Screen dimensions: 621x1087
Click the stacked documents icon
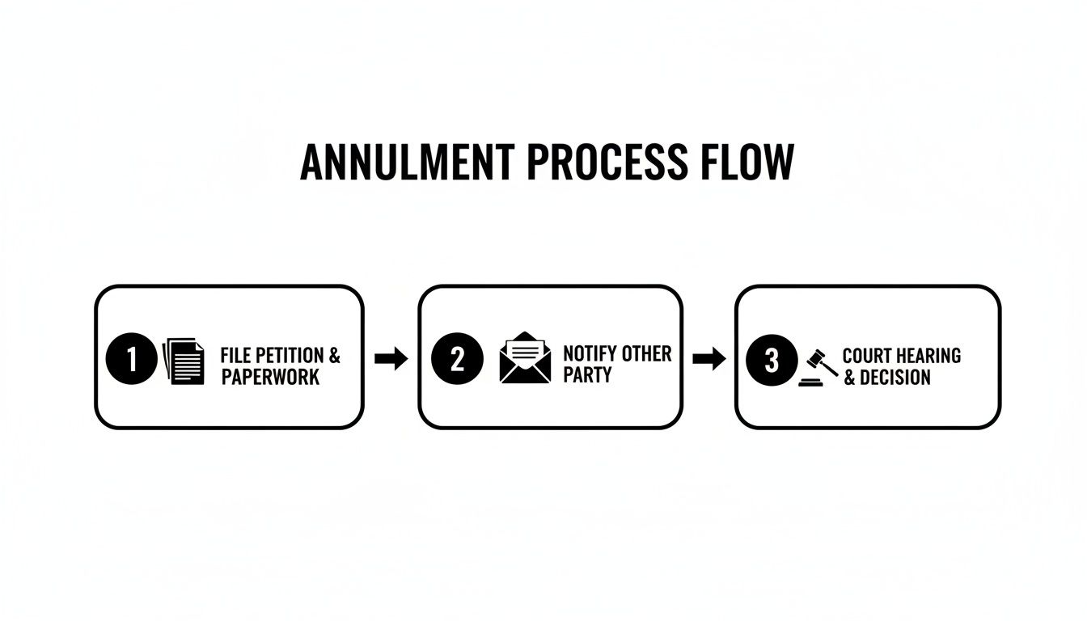[x=184, y=361]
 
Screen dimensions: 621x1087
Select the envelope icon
[x=525, y=358]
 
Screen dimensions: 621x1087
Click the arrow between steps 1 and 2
[x=391, y=359]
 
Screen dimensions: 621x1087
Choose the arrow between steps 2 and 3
[x=709, y=359]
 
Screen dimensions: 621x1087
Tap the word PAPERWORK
[x=270, y=378]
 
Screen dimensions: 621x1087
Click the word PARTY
[x=587, y=375]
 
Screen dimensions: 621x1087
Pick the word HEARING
[x=929, y=356]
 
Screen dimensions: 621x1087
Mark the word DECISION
[x=895, y=378]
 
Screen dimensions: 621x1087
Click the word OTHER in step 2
[x=646, y=354]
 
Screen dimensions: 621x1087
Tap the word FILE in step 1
[x=235, y=356]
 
